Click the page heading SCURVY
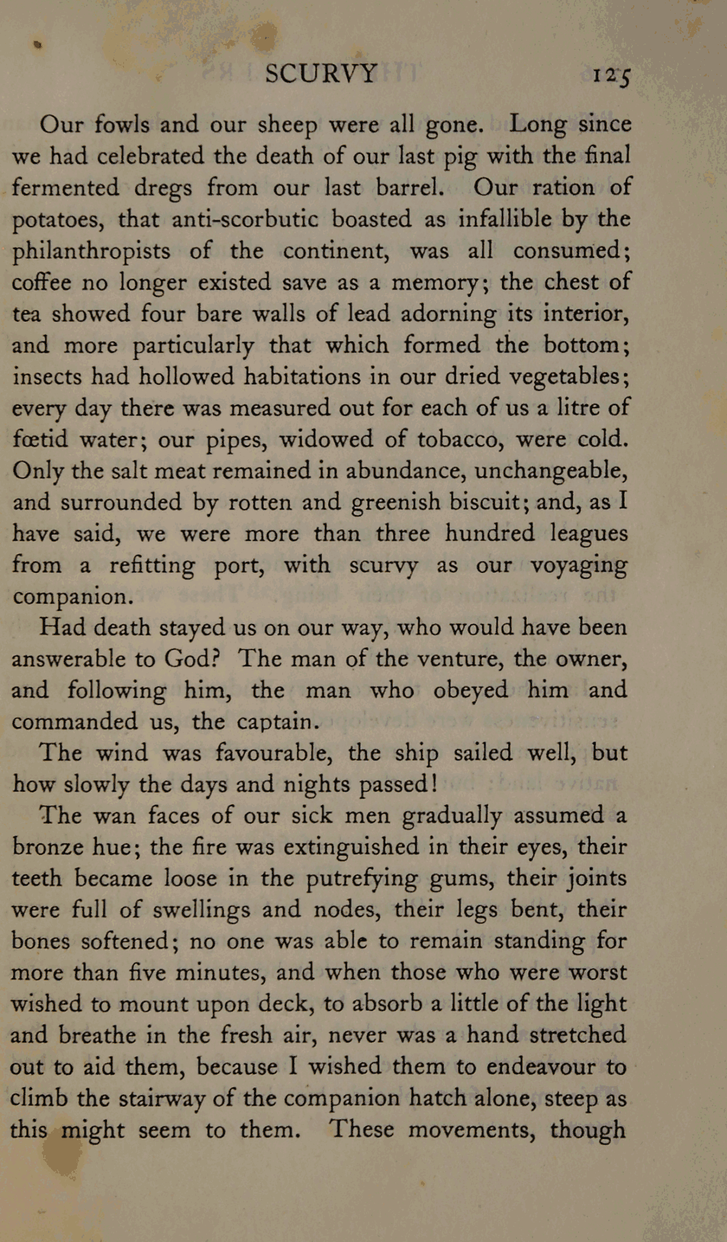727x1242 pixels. (321, 73)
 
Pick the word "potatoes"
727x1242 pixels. (58, 220)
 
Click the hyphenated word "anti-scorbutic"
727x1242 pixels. (245, 219)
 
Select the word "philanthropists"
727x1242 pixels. (91, 251)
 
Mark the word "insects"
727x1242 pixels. (45, 377)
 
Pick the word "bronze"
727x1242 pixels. (49, 846)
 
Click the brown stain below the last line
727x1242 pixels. (64, 1158)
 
